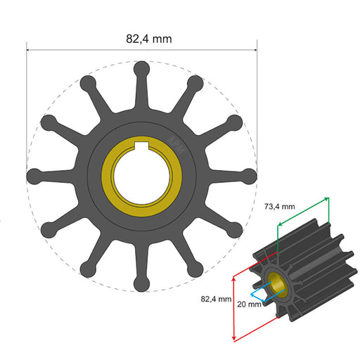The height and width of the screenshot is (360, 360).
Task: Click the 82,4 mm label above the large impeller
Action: [148, 39]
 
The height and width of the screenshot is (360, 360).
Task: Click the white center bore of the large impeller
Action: [141, 176]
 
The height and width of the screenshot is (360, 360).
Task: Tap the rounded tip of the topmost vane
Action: [141, 68]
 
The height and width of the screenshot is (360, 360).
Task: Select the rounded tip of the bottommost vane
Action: [141, 283]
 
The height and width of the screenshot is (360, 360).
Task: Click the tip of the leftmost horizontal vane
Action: [34, 176]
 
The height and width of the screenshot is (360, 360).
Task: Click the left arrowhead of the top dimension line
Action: [29, 50]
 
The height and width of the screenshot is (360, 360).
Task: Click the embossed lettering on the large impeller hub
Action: [174, 144]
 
